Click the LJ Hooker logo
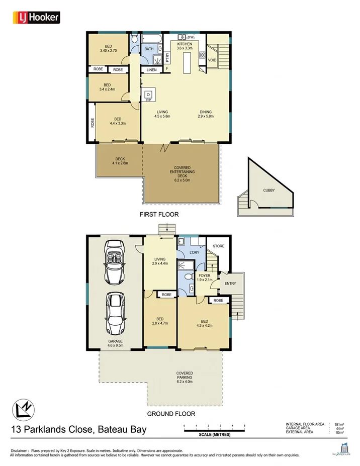[x=36, y=18]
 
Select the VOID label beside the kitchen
[x=212, y=60]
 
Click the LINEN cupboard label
[x=151, y=70]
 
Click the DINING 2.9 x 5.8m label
[x=205, y=114]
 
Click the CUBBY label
[x=269, y=191]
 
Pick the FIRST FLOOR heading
[x=159, y=214]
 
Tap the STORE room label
[x=218, y=246]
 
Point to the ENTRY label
[x=230, y=284]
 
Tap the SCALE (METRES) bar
[x=214, y=429]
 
